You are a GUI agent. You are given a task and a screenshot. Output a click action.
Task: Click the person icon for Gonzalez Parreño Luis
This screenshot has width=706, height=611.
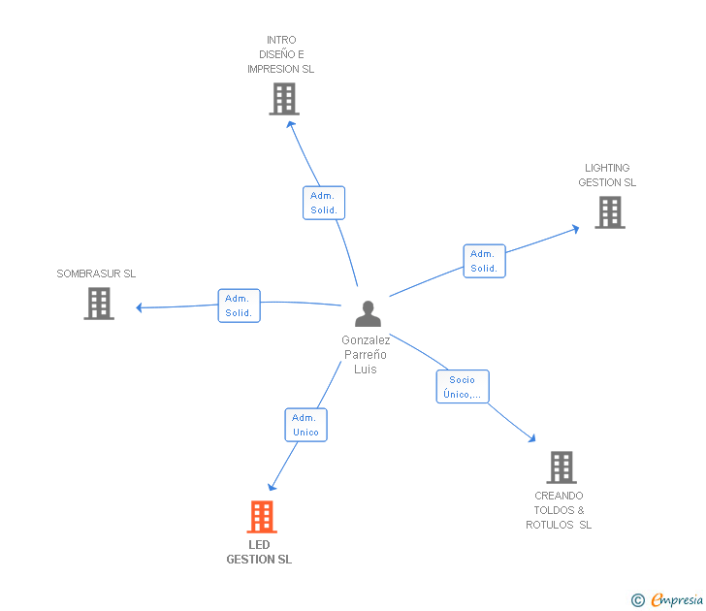368,313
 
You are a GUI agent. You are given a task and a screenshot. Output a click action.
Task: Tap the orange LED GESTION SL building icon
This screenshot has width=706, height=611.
262,517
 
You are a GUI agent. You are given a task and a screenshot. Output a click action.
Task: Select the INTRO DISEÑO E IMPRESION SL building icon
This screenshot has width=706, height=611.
284,99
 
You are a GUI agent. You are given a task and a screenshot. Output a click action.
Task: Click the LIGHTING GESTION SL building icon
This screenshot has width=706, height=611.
609,212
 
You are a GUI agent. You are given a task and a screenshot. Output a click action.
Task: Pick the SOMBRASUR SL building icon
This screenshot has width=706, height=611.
99,304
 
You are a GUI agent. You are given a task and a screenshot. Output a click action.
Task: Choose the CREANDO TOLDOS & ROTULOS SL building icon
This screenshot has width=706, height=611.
561,467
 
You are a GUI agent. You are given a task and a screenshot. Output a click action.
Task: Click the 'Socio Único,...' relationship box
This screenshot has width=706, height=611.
463,387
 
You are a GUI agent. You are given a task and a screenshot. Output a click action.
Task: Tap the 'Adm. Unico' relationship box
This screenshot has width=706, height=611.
305,425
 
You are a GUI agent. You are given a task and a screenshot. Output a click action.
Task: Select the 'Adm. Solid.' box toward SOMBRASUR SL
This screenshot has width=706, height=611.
239,305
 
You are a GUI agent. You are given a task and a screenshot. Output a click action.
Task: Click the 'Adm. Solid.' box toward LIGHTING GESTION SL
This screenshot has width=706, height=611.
484,261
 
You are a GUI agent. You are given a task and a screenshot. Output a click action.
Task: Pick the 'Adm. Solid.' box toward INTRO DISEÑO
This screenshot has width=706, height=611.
323,203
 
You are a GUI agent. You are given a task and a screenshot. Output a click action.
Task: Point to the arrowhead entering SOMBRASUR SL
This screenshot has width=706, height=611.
140,307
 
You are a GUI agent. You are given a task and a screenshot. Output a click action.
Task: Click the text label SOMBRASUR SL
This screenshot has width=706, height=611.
96,273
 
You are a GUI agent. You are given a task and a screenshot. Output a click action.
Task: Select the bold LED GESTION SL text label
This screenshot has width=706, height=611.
259,552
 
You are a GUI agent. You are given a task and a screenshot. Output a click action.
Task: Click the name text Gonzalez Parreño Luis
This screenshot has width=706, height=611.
366,355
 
